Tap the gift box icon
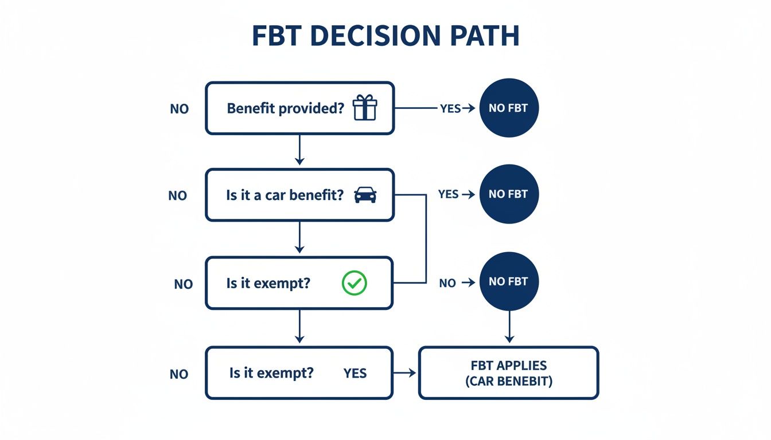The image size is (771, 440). (x=365, y=108)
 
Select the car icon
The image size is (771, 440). (x=365, y=195)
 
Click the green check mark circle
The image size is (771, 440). (x=354, y=283)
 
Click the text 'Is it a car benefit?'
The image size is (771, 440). (x=285, y=195)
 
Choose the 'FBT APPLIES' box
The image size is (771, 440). (x=508, y=372)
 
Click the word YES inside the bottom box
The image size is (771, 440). (x=355, y=374)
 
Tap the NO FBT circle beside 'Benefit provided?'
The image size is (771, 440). (x=508, y=108)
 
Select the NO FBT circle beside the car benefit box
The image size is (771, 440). (x=508, y=194)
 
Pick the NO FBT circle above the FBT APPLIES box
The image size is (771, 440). (x=508, y=282)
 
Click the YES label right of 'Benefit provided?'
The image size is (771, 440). (x=450, y=108)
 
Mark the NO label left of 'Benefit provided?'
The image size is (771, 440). (x=180, y=109)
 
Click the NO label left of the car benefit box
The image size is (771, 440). (x=178, y=196)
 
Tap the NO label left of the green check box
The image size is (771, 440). (x=184, y=284)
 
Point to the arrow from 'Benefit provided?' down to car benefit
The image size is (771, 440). (x=299, y=151)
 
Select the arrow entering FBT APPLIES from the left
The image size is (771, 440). (x=405, y=373)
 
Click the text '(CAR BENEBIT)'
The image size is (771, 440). (x=508, y=381)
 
